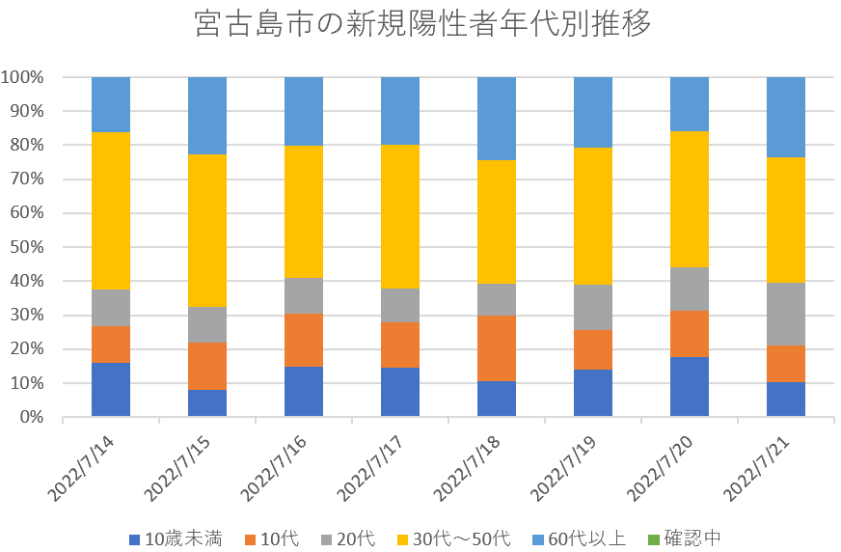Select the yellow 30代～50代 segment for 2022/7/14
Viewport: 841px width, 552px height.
pos(111,210)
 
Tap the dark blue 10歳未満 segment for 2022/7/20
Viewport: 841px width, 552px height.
pos(690,387)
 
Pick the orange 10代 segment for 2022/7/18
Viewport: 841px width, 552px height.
pos(497,348)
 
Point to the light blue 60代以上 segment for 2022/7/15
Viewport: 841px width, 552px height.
pos(207,115)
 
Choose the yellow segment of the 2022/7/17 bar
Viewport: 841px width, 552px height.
pos(400,216)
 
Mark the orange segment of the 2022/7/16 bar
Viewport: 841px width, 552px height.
pos(304,340)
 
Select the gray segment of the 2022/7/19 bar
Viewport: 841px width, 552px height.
pos(593,307)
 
